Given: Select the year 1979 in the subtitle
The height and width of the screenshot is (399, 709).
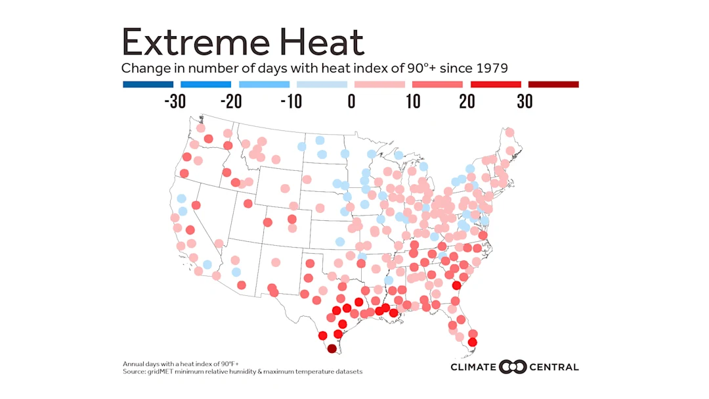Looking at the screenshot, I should click(x=490, y=68).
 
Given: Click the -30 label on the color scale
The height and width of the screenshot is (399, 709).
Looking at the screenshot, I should click(x=175, y=102).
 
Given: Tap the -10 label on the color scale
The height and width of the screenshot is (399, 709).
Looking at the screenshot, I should click(x=291, y=102).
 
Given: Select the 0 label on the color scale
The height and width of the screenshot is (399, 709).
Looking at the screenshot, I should click(x=351, y=102).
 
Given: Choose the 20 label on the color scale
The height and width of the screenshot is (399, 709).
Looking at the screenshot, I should click(x=467, y=102).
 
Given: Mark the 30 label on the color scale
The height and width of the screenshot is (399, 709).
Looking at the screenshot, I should click(x=525, y=102).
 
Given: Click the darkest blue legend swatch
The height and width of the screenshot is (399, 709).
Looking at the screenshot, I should click(x=148, y=84).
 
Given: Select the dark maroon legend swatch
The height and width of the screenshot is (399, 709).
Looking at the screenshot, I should click(x=553, y=84).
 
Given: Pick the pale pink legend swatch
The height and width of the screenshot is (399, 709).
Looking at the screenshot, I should click(x=379, y=84).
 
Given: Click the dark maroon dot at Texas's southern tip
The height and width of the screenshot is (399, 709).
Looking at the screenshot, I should click(x=332, y=349).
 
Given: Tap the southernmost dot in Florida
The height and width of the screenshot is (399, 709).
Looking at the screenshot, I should click(x=472, y=342).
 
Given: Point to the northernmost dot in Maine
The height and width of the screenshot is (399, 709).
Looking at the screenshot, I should click(x=509, y=132).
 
